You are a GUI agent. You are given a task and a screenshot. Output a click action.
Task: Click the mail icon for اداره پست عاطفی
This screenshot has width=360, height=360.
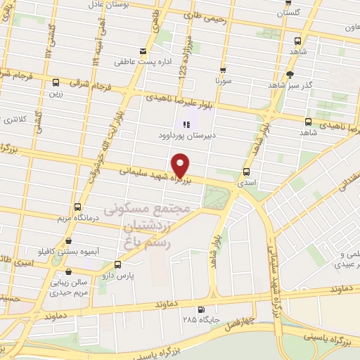[143, 51]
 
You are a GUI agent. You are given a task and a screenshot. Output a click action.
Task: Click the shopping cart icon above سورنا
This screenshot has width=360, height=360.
[223, 70]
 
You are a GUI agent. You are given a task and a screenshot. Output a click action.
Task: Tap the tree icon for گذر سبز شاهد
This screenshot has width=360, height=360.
[289, 74]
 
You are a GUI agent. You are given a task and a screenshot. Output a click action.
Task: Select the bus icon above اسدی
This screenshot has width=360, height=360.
[246, 172]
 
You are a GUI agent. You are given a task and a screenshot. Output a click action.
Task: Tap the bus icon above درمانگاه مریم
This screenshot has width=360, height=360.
[77, 207]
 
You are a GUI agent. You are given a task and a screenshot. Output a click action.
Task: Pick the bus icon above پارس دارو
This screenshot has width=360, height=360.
[117, 265]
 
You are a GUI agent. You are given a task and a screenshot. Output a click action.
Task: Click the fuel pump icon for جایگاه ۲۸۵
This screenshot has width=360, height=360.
[202, 310]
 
